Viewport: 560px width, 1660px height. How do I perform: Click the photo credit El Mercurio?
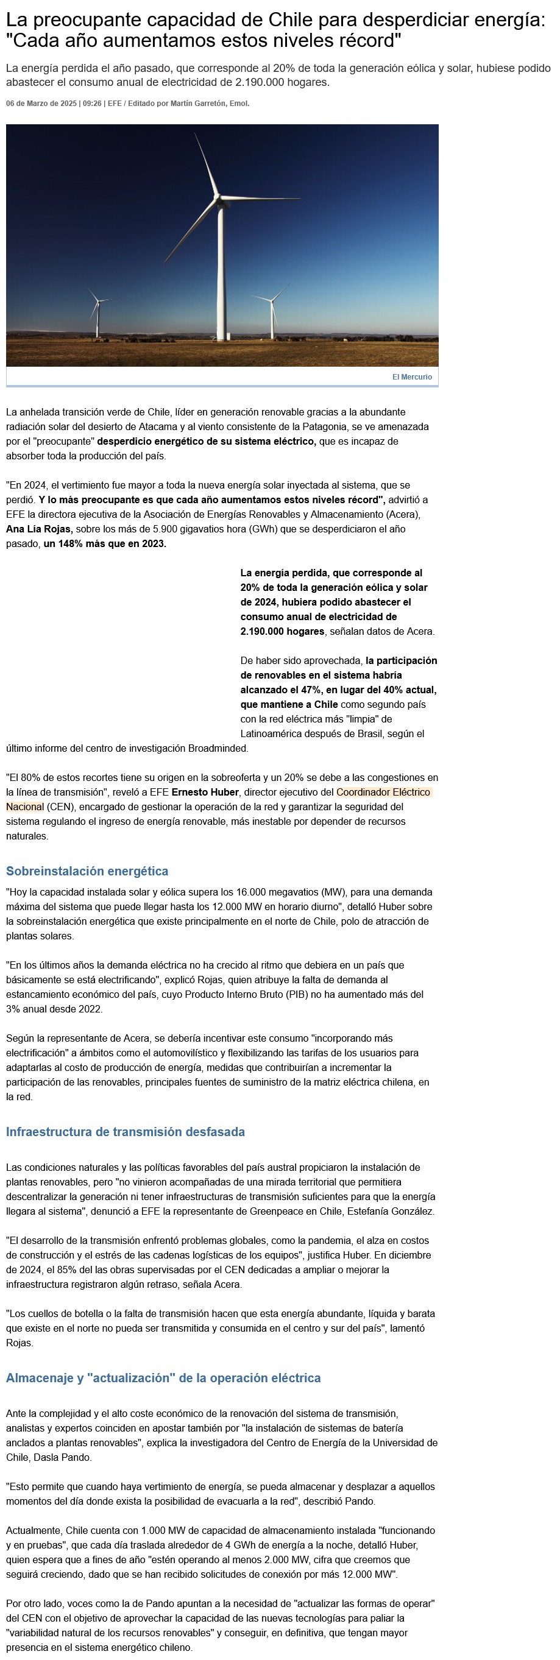tap(412, 377)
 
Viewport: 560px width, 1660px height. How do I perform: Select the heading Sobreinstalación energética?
tap(87, 871)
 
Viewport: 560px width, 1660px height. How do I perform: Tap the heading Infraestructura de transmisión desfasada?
tap(125, 1132)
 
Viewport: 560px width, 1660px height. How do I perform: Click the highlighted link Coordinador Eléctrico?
tap(383, 792)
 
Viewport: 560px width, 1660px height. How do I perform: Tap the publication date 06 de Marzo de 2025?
tap(41, 104)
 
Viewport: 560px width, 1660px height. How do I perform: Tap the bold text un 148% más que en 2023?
tap(105, 544)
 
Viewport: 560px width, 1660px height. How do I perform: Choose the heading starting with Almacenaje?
tap(163, 1378)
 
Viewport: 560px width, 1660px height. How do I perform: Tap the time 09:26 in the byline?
tap(92, 104)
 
